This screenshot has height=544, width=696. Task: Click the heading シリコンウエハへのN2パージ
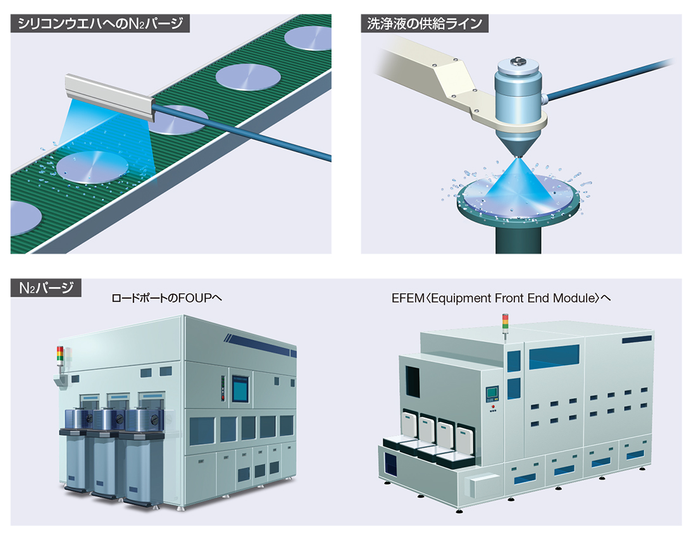tap(100, 23)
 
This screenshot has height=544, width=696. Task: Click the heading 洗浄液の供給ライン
tap(425, 23)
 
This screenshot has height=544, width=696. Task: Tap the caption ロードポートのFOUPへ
tap(166, 298)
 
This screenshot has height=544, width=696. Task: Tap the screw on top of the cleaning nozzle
tap(517, 60)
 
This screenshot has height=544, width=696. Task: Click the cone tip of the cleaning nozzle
tap(518, 156)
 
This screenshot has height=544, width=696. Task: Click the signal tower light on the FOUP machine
tap(60, 355)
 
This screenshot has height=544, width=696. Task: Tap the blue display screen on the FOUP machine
tap(240, 388)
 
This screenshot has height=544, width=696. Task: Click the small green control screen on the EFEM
tap(492, 393)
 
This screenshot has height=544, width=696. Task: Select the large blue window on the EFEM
tap(554, 357)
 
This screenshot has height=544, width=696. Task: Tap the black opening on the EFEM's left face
tap(413, 382)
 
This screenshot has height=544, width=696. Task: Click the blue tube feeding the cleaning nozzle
tap(608, 79)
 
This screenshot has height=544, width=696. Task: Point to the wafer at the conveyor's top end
tap(309, 38)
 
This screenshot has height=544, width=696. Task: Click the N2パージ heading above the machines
tap(46, 288)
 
